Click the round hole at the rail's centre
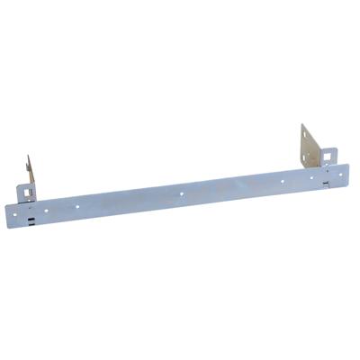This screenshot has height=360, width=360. coord(181,193)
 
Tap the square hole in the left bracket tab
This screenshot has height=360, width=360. coord(26,192)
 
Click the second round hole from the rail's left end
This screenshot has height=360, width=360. coord(77,206)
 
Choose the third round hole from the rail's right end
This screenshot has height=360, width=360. coord(233,186)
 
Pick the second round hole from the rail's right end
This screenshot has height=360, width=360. coord(283,180)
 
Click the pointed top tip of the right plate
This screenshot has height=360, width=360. coord(302,124)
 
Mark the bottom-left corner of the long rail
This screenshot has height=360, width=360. coord(8,226)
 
